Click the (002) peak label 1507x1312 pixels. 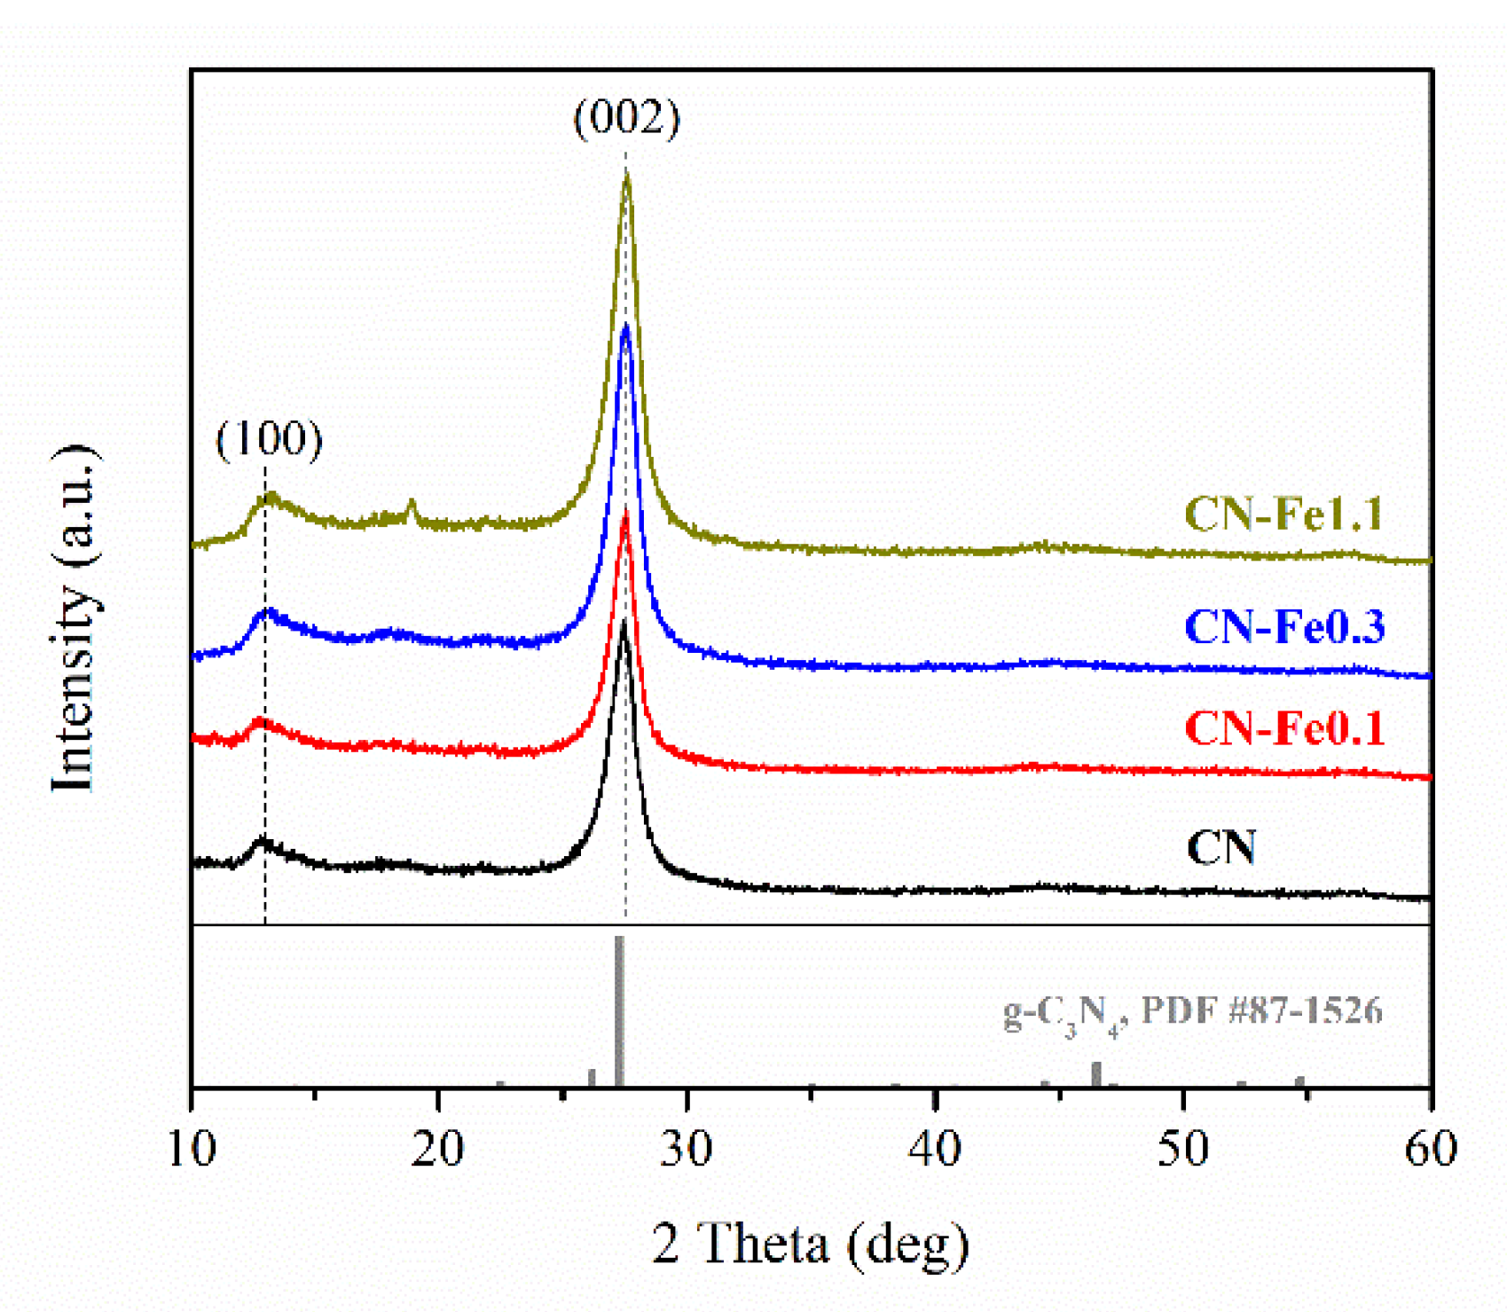pyautogui.click(x=626, y=118)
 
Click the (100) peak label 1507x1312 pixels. pyautogui.click(x=269, y=439)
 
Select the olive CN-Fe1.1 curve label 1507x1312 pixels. pyautogui.click(x=1283, y=515)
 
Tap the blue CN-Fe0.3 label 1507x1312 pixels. pyautogui.click(x=1283, y=627)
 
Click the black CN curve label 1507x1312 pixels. pyautogui.click(x=1221, y=848)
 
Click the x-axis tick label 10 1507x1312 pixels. pyautogui.click(x=192, y=1149)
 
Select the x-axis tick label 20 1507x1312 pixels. pyautogui.click(x=439, y=1149)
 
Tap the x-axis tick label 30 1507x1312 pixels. pyautogui.click(x=687, y=1149)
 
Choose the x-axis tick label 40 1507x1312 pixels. pyautogui.click(x=935, y=1149)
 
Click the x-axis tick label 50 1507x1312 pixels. pyautogui.click(x=1182, y=1149)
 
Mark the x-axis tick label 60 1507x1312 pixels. pyautogui.click(x=1430, y=1149)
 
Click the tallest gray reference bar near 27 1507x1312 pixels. pyautogui.click(x=619, y=1011)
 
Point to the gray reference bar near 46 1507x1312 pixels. pyautogui.click(x=1096, y=1074)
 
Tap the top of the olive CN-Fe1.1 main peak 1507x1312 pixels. pyautogui.click(x=627, y=177)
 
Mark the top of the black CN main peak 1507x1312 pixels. pyautogui.click(x=624, y=624)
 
